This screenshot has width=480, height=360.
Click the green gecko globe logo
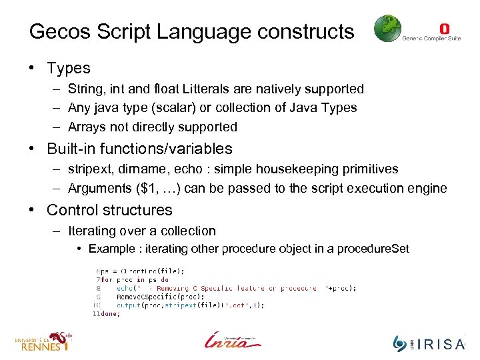pos(387,29)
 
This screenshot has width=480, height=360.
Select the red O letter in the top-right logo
pos(445,28)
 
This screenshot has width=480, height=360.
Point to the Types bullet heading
pos(68,68)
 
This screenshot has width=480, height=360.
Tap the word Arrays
pos(87,127)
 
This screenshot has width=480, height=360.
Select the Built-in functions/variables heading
pos(139,149)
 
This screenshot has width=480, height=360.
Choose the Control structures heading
pos(109,210)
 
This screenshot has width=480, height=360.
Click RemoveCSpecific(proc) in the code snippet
pos(144,297)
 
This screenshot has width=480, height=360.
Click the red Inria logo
pos(233,339)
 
